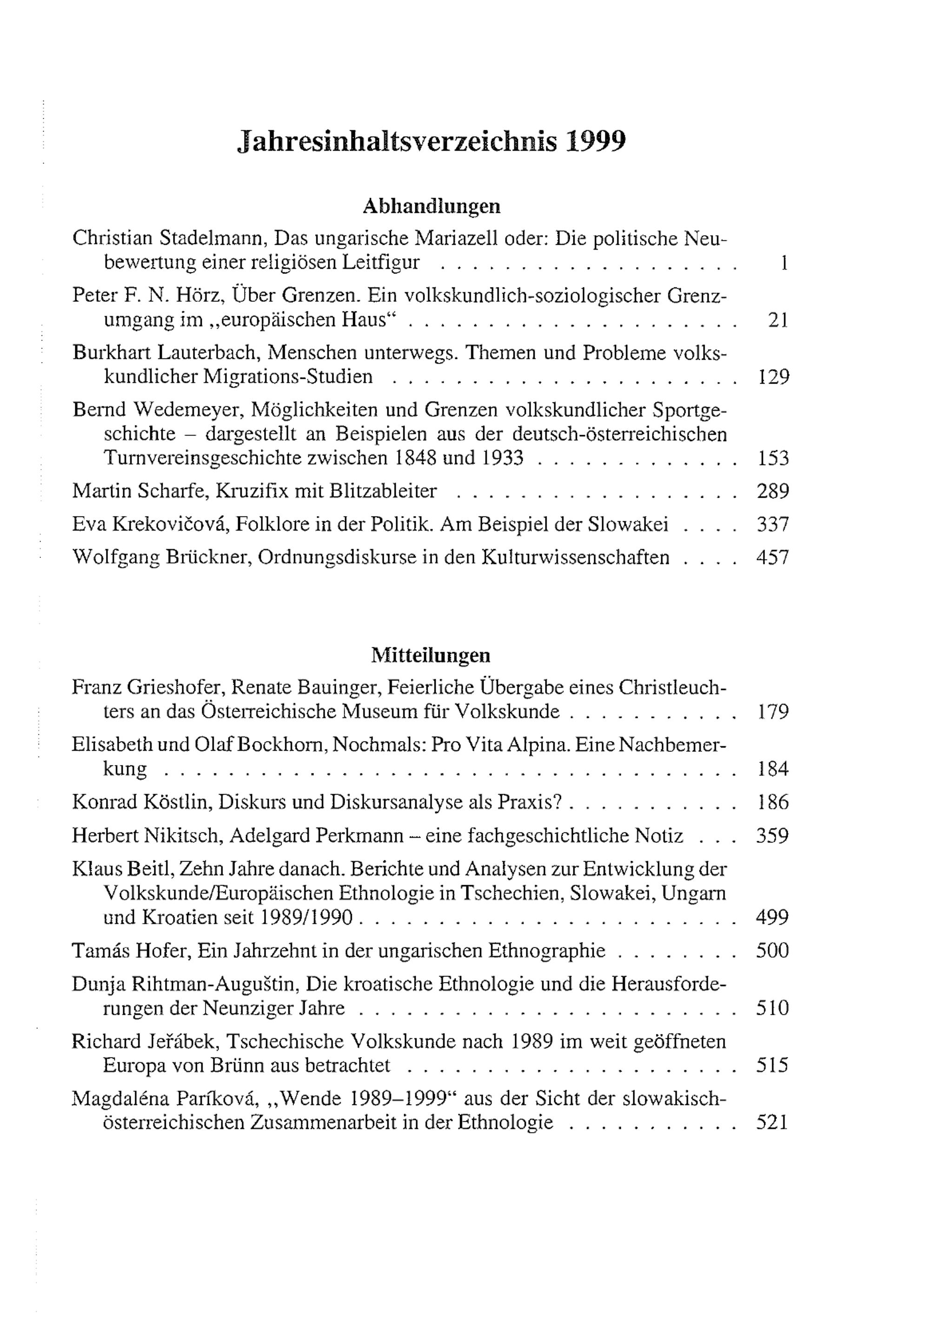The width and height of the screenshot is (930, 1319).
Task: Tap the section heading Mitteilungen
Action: point(431,655)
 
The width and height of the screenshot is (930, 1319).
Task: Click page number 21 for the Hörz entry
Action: point(778,320)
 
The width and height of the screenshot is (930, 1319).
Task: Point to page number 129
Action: point(773,377)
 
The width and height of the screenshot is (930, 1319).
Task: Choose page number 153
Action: point(773,458)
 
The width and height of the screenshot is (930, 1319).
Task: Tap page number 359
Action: point(773,835)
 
